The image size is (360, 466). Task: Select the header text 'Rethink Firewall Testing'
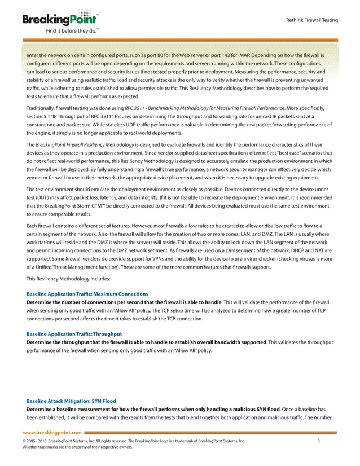tap(312, 20)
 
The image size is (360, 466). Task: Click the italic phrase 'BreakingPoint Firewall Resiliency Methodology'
tap(80, 144)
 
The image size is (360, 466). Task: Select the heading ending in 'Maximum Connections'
tap(87, 294)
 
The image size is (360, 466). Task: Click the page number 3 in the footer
tap(319, 441)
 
